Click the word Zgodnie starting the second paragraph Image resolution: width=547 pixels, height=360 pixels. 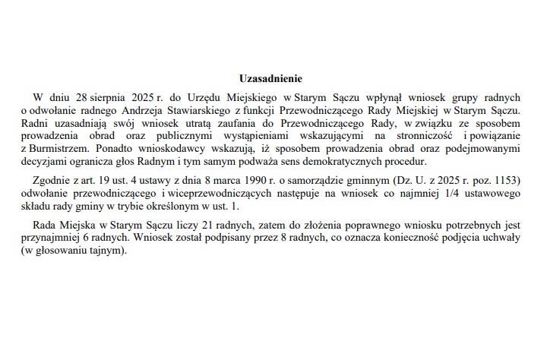pyautogui.click(x=52, y=181)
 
